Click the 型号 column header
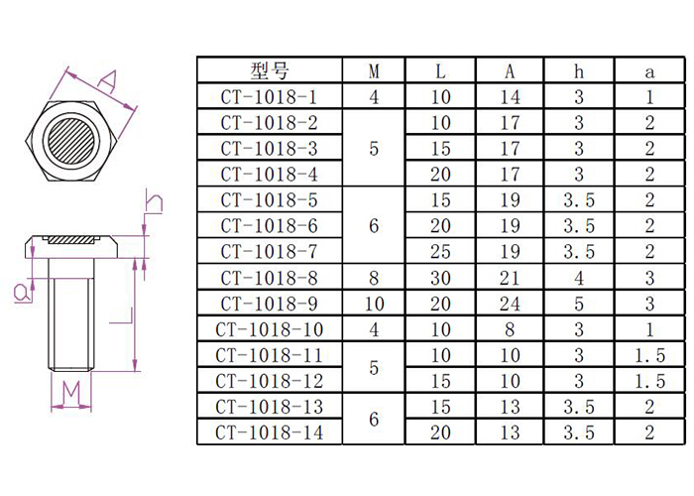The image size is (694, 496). pyautogui.click(x=270, y=70)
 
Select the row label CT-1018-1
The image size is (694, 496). pyautogui.click(x=270, y=96)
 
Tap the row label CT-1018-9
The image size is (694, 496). pyautogui.click(x=270, y=303)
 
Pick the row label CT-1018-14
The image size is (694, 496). pyautogui.click(x=270, y=433)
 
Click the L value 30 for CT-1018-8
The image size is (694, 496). pyautogui.click(x=441, y=277)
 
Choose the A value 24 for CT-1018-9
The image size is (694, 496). pyautogui.click(x=510, y=303)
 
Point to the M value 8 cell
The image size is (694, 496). pyautogui.click(x=374, y=277)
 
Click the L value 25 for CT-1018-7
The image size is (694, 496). pyautogui.click(x=441, y=251)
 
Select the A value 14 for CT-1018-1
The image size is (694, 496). pyautogui.click(x=510, y=96)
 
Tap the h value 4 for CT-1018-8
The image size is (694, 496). pyautogui.click(x=579, y=277)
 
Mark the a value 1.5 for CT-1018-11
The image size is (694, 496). pyautogui.click(x=649, y=355)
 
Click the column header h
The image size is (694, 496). pyautogui.click(x=579, y=70)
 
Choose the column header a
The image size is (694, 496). pyautogui.click(x=649, y=70)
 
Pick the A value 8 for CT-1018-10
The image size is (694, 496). pyautogui.click(x=510, y=328)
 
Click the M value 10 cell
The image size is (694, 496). pyautogui.click(x=374, y=303)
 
